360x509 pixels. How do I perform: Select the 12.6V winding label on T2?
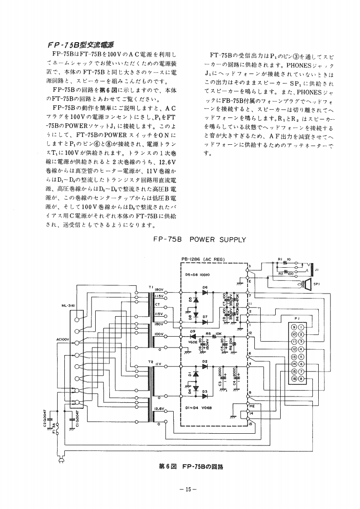[158, 409]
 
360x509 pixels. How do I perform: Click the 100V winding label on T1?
[158, 334]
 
